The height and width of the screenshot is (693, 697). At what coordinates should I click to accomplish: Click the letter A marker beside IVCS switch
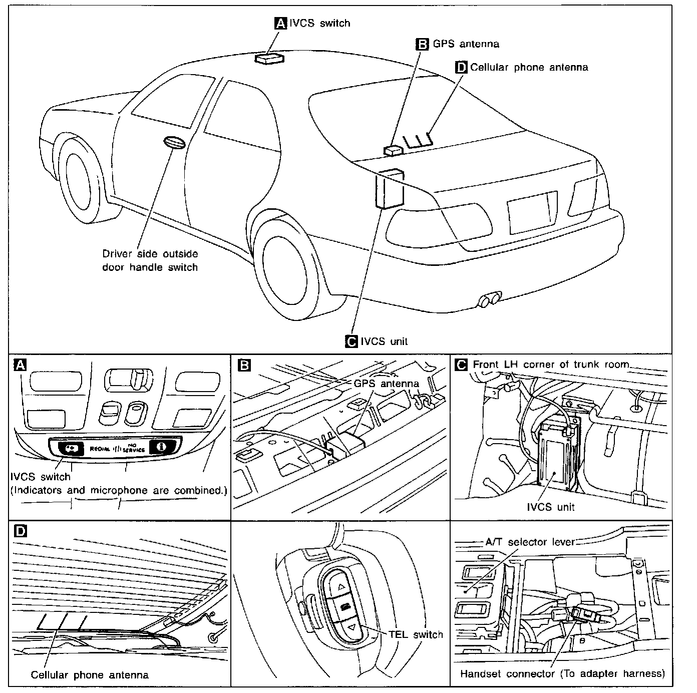281,23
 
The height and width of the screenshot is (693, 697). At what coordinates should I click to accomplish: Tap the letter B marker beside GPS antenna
423,44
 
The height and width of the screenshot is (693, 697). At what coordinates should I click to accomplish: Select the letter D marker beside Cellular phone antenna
461,67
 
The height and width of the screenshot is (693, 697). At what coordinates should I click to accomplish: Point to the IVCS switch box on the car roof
269,59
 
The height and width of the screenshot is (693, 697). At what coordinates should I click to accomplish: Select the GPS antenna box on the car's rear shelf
393,150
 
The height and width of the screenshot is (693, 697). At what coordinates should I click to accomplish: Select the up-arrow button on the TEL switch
341,586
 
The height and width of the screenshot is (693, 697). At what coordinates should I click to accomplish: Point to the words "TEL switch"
416,635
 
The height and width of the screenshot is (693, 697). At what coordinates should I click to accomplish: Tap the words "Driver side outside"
150,254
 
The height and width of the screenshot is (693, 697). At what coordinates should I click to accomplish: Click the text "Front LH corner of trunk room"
550,364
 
